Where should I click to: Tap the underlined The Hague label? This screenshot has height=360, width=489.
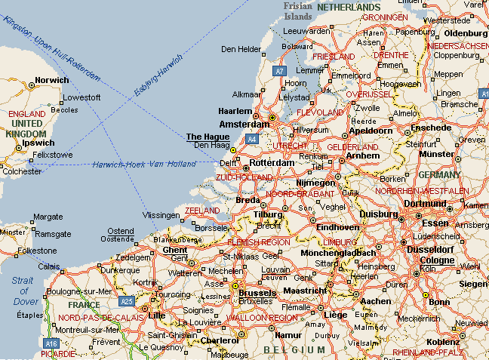[208, 137]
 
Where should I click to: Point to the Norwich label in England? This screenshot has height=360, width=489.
[52, 80]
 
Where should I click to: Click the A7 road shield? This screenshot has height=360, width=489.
[280, 70]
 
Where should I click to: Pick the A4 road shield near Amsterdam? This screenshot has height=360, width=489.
[251, 139]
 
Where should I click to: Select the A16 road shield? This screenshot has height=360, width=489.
[51, 343]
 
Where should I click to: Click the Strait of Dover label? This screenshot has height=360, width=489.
[23, 291]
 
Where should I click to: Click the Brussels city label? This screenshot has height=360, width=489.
[258, 291]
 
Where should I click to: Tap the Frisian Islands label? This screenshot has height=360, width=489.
[297, 12]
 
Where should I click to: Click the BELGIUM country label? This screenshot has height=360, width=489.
[294, 349]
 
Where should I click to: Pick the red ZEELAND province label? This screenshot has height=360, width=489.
[201, 210]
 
